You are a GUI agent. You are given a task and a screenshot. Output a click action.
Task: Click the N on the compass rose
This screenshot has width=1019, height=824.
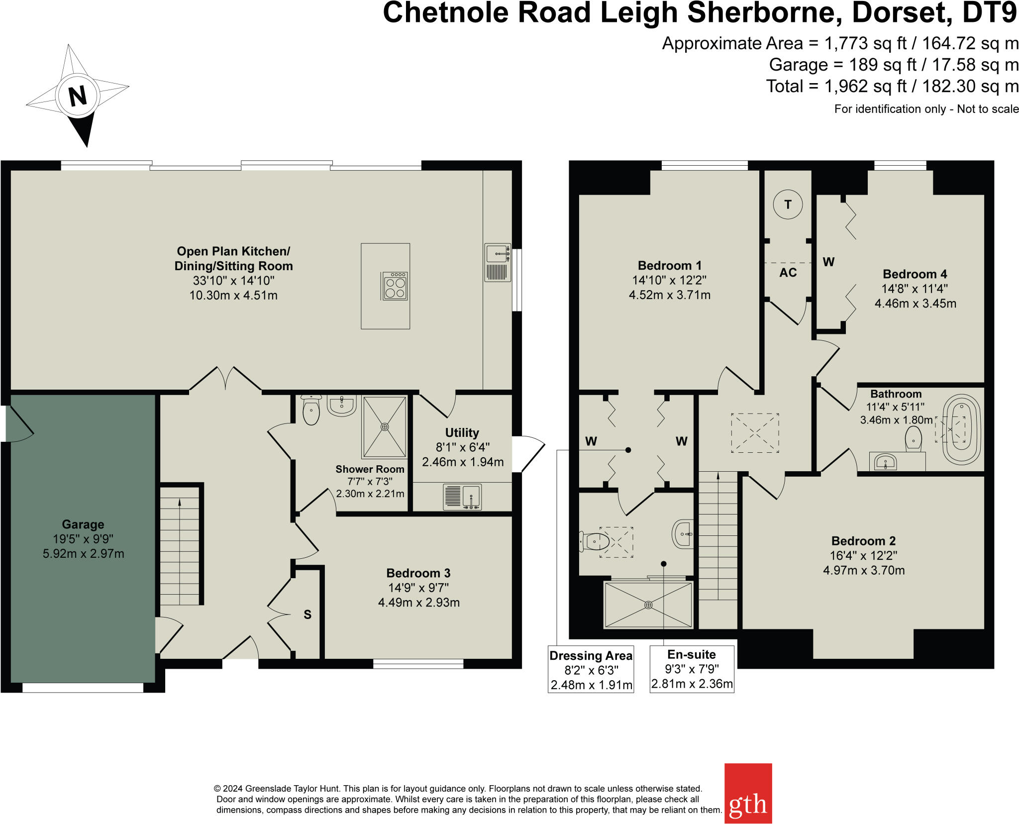pyautogui.click(x=77, y=96)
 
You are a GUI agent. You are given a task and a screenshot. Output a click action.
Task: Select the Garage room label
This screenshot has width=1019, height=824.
pyautogui.click(x=83, y=524)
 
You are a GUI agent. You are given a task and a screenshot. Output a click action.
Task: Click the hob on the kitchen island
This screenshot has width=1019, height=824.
pyautogui.click(x=395, y=286)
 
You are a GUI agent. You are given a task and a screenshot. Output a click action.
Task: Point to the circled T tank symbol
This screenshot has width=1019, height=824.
pyautogui.click(x=788, y=205)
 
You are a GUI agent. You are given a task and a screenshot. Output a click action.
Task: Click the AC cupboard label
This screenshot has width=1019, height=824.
pyautogui.click(x=788, y=273)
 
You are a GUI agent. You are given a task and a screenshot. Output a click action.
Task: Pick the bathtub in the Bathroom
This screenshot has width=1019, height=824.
pyautogui.click(x=961, y=430)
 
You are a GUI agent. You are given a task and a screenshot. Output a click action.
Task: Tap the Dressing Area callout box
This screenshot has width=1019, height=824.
pyautogui.click(x=591, y=670)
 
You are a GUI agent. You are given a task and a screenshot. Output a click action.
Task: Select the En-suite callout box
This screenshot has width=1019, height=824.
pyautogui.click(x=692, y=669)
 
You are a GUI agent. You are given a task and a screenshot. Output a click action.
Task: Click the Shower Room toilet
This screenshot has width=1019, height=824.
pyautogui.click(x=311, y=412)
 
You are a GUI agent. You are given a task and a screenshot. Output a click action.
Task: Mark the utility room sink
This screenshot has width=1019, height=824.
pyautogui.click(x=471, y=497)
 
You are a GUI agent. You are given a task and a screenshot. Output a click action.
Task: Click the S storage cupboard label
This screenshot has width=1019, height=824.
pyautogui.click(x=307, y=615)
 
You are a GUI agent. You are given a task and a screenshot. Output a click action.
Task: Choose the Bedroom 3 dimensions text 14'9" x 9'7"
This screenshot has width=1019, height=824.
pyautogui.click(x=418, y=588)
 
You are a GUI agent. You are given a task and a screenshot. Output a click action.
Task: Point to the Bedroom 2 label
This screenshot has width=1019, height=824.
pyautogui.click(x=863, y=541)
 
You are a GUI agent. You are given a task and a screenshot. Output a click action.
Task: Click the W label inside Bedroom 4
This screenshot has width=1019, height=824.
pyautogui.click(x=828, y=262)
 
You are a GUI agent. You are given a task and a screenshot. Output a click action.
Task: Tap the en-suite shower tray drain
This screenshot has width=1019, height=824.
pyautogui.click(x=648, y=605)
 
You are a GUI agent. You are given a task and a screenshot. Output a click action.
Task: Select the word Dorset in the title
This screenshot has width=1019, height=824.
pyautogui.click(x=900, y=13)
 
